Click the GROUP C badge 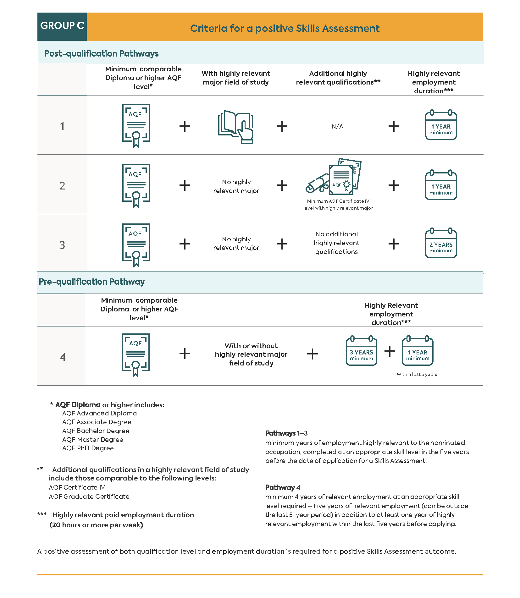point(62,26)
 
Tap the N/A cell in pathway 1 point(337,126)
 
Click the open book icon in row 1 point(236,127)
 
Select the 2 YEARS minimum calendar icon point(441,244)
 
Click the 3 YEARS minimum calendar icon point(361,352)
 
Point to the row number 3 point(62,245)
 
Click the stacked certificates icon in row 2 point(334,177)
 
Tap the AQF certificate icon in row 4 point(136,354)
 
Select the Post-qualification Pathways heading point(101,53)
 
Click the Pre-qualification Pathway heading point(91,282)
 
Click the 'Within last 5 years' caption point(417,374)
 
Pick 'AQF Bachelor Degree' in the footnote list point(96,431)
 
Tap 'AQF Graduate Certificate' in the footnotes point(89,497)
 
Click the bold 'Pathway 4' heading point(282,487)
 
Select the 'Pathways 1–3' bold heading point(286,433)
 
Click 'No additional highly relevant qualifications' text point(336,243)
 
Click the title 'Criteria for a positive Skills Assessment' point(285,28)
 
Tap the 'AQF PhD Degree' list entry point(88,448)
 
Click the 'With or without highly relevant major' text point(251,354)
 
